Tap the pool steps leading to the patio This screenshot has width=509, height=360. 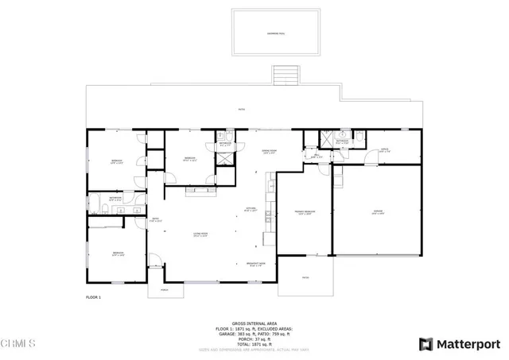tap(285, 75)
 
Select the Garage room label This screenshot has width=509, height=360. tap(379, 212)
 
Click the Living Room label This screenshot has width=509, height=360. tap(201, 234)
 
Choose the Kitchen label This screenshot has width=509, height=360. tap(250, 210)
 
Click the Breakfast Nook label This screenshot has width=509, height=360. tap(257, 265)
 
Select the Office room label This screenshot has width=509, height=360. tap(383, 149)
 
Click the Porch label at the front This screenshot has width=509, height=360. tap(165, 289)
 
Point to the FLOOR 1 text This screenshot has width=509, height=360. tap(95, 296)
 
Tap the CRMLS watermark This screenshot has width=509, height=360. tap(18, 344)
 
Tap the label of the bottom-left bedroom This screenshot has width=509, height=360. tap(118, 255)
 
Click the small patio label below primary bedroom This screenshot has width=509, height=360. tap(306, 277)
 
